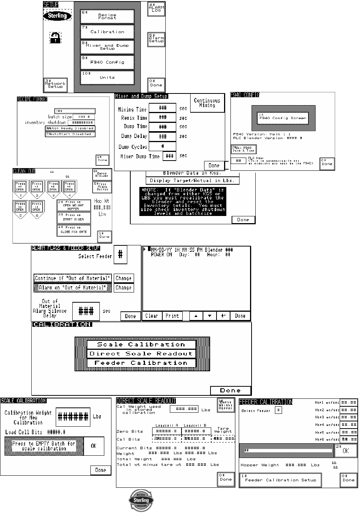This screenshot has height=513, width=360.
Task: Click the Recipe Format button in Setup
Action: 107,17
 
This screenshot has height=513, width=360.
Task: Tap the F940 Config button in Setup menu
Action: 107,62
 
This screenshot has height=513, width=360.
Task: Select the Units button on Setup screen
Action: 107,77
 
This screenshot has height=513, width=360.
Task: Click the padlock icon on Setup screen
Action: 55,38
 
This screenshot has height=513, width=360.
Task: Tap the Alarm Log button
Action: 156,9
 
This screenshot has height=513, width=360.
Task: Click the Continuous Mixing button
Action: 207,103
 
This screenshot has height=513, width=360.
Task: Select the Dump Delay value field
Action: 163,136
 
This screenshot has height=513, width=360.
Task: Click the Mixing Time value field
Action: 163,108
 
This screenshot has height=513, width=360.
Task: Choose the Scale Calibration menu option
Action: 141,345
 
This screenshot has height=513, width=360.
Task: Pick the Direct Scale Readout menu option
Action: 141,354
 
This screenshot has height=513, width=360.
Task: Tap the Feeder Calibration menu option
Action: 141,363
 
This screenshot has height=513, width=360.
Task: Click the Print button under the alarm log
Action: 172,316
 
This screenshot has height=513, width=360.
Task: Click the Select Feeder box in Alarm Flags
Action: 121,255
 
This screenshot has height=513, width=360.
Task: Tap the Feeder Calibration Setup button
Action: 281,480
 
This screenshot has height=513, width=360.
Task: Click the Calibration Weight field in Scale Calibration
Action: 73,417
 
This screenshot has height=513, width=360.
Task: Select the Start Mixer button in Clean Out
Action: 74,217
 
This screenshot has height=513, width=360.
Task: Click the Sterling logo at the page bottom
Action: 141,501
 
